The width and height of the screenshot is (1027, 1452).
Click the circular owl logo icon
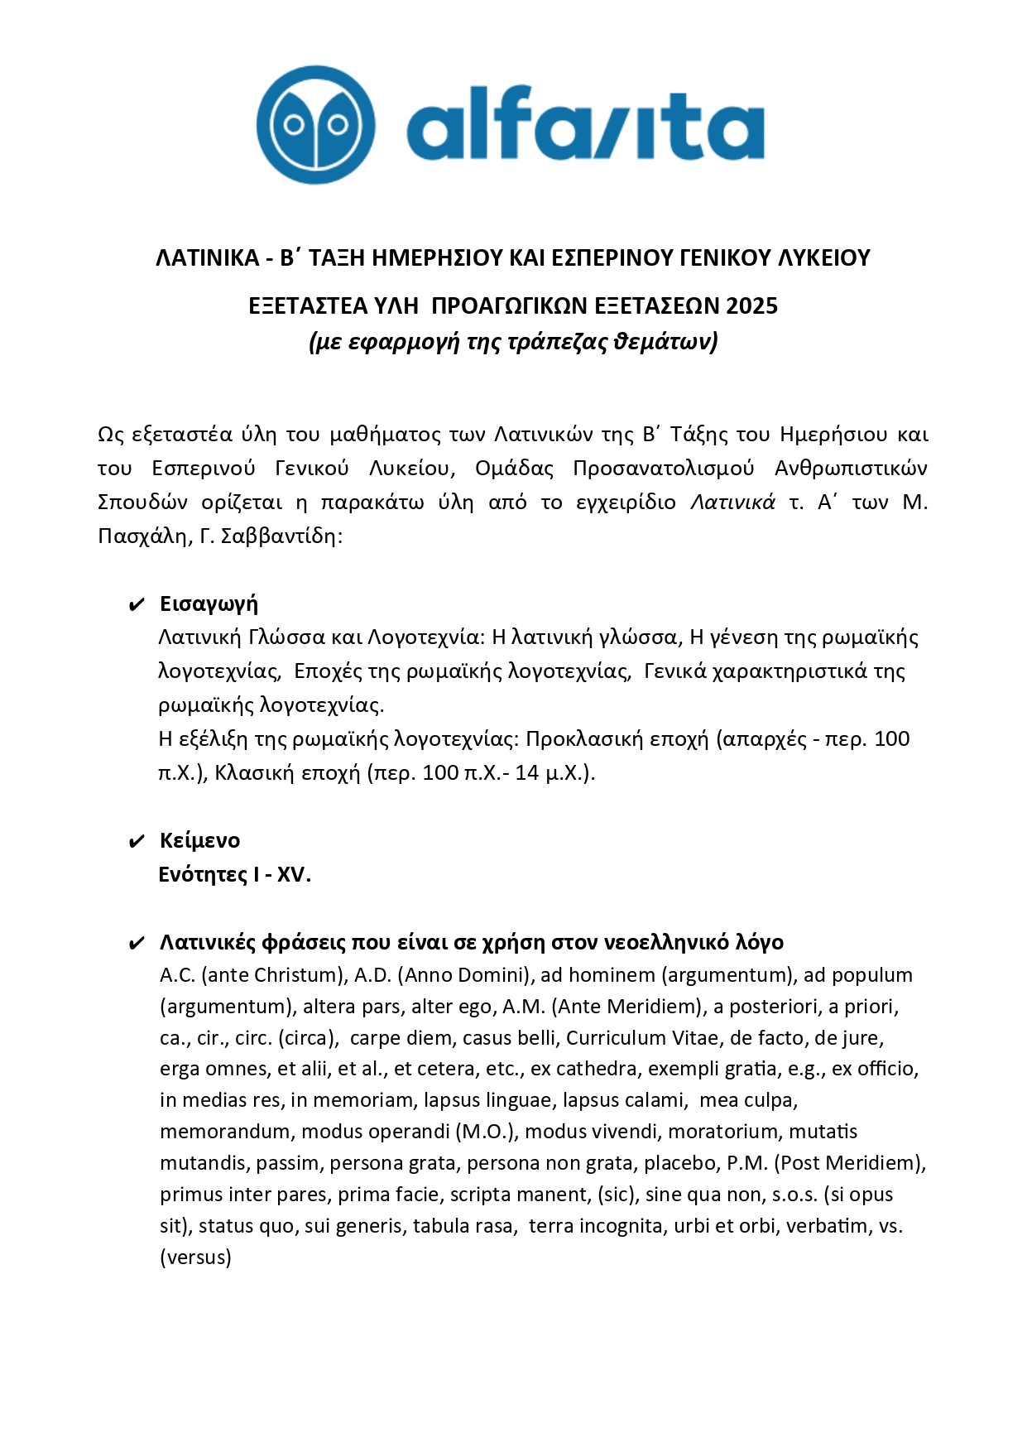[315, 125]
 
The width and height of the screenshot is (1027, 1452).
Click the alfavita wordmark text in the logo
[585, 124]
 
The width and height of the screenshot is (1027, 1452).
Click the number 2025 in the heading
[751, 306]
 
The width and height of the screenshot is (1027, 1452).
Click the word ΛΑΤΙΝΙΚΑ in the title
[208, 258]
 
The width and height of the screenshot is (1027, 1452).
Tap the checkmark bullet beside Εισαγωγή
[137, 605]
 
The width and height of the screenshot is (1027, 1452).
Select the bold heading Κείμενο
[199, 841]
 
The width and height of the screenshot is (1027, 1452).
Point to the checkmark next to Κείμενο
[137, 843]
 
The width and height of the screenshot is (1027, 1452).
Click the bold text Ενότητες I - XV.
[234, 875]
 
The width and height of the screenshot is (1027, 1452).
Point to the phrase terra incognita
[595, 1226]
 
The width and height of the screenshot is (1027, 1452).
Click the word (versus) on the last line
[195, 1257]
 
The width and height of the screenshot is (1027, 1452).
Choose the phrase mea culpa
[748, 1100]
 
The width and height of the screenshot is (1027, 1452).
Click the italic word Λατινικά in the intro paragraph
[732, 502]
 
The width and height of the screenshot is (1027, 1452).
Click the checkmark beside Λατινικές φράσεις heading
[137, 944]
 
